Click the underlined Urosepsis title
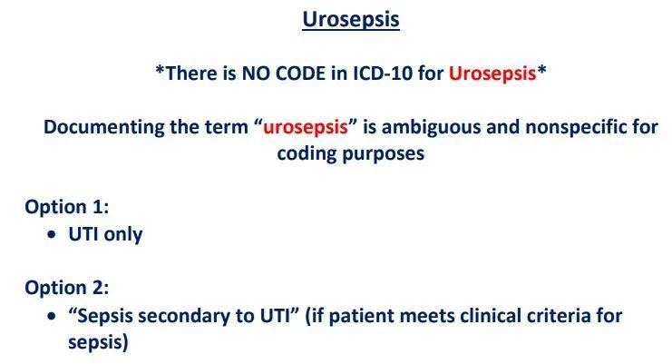pos(351,20)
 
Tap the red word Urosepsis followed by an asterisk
pos(492,74)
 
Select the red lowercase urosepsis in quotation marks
pos(305,128)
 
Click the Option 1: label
pos(67,207)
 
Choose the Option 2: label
pos(67,287)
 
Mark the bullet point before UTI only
pos(52,234)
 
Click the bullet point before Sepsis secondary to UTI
pos(52,316)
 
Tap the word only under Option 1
pos(123,235)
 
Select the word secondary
pos(184,316)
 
